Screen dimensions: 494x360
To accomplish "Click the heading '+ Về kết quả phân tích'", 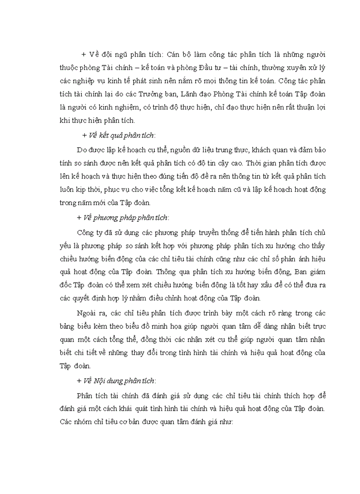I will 118,135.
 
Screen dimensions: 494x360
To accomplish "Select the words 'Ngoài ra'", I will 88,313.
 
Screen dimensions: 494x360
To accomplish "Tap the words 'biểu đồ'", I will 146,326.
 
